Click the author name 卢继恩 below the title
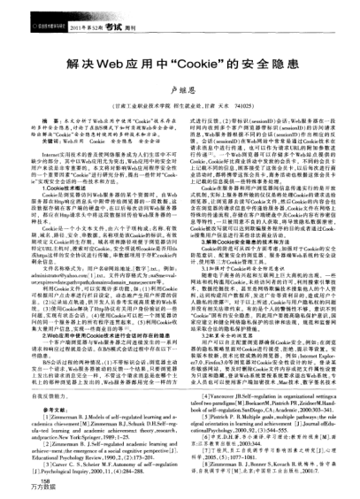[x=180, y=88]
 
